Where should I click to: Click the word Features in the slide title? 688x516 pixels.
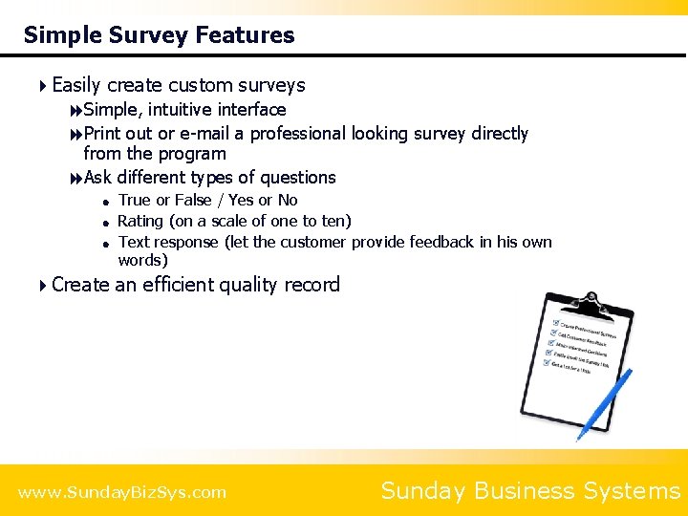(x=245, y=35)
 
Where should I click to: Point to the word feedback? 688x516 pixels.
(x=442, y=242)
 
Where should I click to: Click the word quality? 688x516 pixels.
(x=256, y=285)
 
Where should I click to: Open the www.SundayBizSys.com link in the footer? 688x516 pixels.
(x=122, y=492)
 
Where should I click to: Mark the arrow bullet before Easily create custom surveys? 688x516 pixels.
(x=43, y=85)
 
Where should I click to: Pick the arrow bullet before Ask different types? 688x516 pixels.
(x=75, y=178)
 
